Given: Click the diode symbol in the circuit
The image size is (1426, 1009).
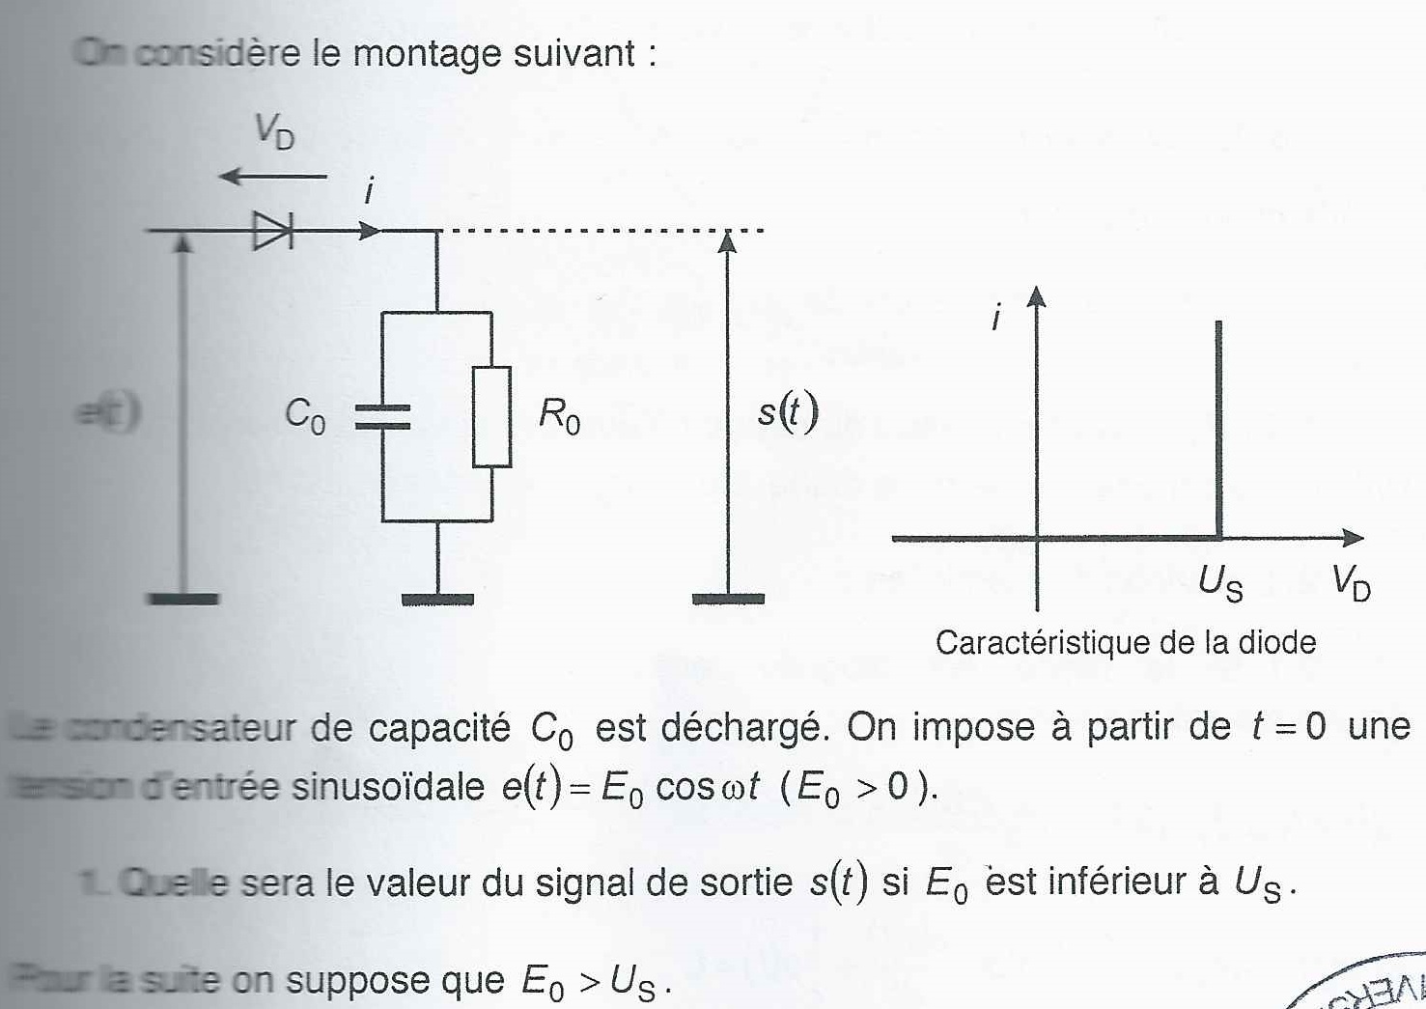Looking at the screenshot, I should click(272, 231).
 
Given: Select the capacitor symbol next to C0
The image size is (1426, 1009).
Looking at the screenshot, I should click(382, 416).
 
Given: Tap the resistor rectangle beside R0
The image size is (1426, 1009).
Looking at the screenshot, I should click(491, 416).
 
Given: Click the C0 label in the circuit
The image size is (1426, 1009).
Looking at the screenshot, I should click(305, 415).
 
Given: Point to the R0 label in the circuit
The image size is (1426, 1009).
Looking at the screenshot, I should click(559, 415).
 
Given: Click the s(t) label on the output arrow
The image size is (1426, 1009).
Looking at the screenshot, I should click(787, 413).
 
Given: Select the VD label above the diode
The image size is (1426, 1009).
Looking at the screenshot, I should click(274, 130).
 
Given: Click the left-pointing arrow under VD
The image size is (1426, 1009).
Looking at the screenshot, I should click(273, 177).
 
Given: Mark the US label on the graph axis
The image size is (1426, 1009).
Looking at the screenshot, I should click(1220, 582).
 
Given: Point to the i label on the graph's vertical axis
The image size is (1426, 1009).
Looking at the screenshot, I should click(996, 316).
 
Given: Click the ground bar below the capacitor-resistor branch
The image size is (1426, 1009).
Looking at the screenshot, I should click(437, 600).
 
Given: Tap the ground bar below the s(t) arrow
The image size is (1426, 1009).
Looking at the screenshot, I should click(728, 600).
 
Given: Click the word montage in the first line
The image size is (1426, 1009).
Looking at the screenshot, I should click(426, 52).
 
